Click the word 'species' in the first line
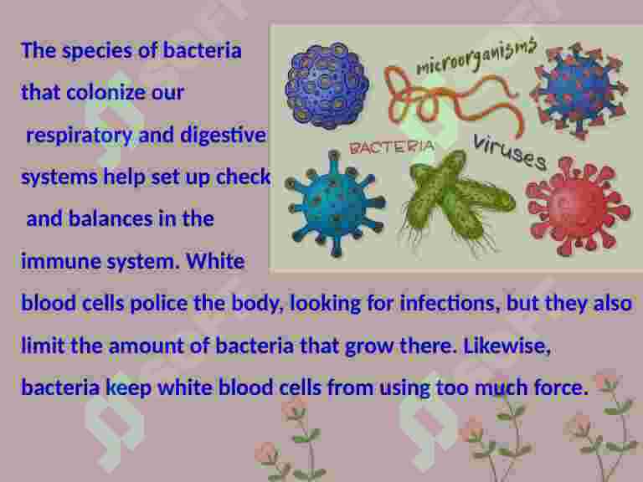(x=97, y=51)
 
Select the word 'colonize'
(x=105, y=92)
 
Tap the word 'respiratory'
(x=80, y=136)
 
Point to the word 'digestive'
(x=223, y=135)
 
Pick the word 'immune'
(x=60, y=261)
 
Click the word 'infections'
(x=450, y=304)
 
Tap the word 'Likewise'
(x=507, y=346)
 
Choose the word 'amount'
(x=146, y=346)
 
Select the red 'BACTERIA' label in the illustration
(x=392, y=147)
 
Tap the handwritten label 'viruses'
(x=510, y=152)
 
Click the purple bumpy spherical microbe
(x=327, y=85)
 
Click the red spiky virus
(x=579, y=206)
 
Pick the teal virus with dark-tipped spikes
(x=335, y=203)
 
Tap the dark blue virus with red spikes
(x=579, y=90)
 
